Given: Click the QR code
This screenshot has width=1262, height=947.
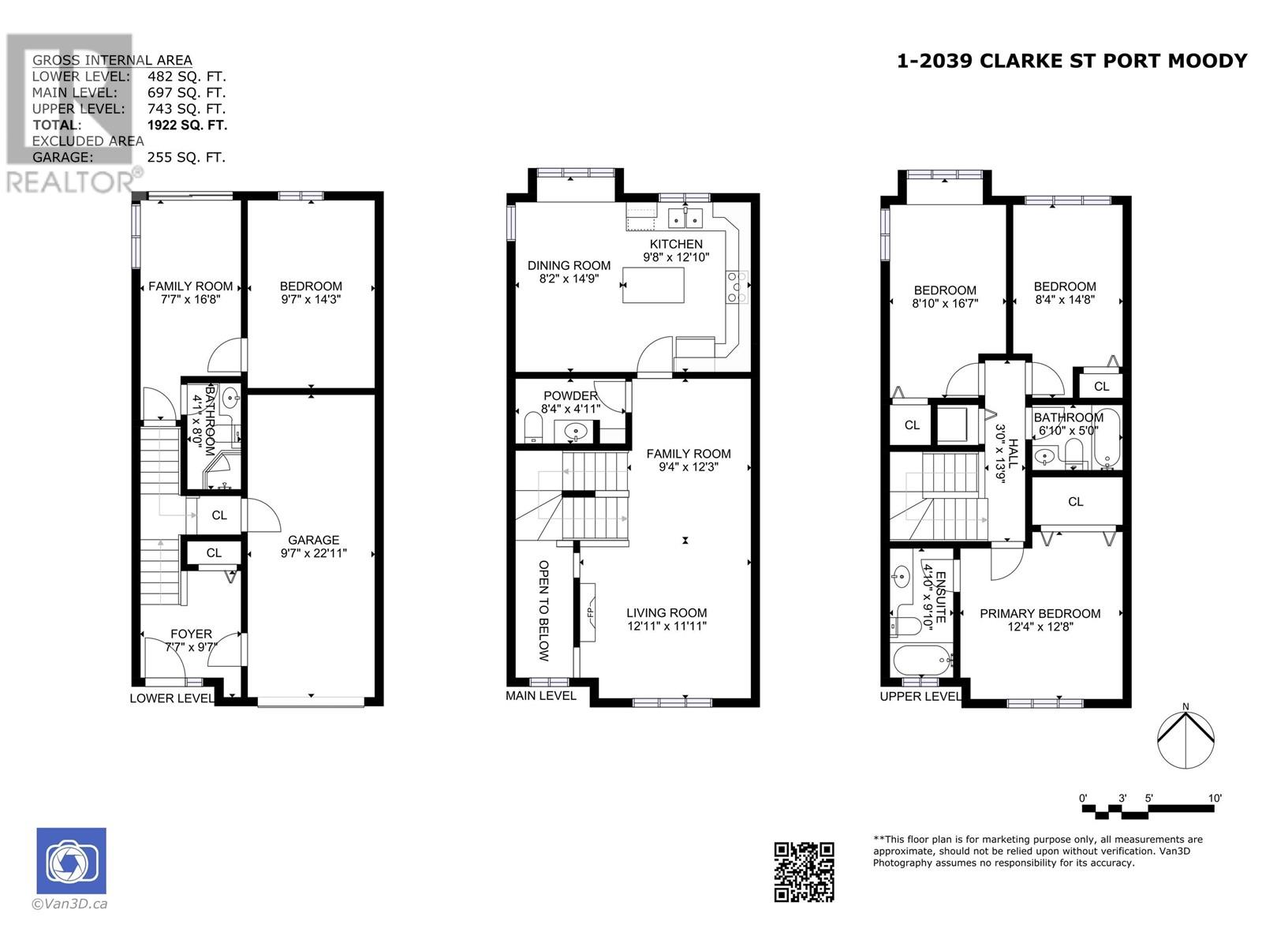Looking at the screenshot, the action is pos(804,872).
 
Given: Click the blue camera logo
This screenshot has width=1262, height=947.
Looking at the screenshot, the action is pos(71,861).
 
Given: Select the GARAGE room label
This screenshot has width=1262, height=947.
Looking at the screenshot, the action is pos(313,540).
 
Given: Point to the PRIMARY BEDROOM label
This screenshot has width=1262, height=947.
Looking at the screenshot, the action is pos(1040,613).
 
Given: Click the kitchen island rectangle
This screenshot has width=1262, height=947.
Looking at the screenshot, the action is pos(653,285).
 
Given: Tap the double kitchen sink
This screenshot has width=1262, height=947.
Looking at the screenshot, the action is pos(685,219).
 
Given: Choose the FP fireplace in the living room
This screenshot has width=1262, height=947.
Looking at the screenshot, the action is pos(588,612).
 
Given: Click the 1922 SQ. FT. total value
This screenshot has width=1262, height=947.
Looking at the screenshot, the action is pos(188,125).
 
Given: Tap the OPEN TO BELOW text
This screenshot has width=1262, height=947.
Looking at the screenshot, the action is pos(543,611).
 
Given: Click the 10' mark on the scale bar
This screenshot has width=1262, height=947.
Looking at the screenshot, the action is pos(1214,798).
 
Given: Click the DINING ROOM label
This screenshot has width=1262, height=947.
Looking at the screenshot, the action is pos(569,266).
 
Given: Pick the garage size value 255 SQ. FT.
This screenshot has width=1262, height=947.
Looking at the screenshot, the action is pos(186,157).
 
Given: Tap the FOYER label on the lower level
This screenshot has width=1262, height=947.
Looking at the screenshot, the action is pos(191,634).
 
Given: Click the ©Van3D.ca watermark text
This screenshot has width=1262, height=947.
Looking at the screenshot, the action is pos(69,904).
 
